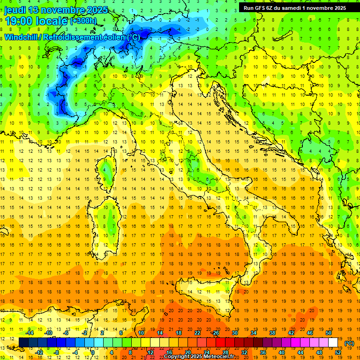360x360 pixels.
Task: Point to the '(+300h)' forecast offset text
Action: [83, 21]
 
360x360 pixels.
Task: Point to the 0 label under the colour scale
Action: [93, 352]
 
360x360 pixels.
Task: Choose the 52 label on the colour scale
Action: [338, 352]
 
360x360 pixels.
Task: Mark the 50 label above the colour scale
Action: [329, 333]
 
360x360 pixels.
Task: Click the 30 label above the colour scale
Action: [234, 333]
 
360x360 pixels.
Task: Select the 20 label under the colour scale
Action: [187, 352]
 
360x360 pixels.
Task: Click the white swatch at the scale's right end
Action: [333, 342]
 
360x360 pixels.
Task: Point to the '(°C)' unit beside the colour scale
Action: [349, 343]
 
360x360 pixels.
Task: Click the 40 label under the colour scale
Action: [282, 352]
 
